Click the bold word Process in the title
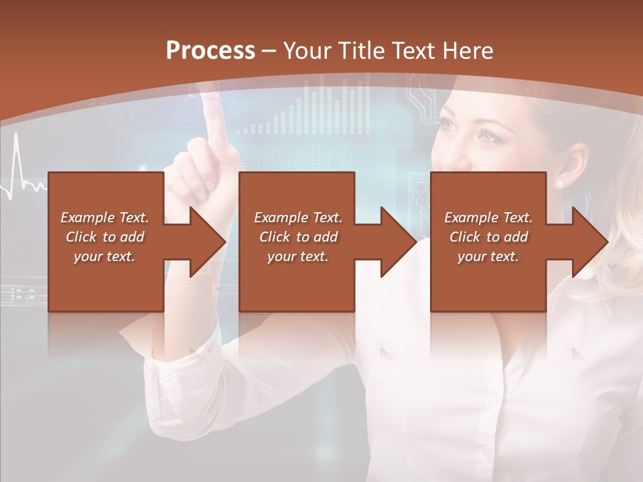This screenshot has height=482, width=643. click(x=210, y=50)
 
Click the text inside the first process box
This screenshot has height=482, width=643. click(x=105, y=237)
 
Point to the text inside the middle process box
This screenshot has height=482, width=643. click(x=298, y=237)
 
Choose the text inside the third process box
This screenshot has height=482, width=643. click(x=488, y=237)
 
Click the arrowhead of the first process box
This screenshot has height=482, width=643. click(x=208, y=242)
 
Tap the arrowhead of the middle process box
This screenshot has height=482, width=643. click(x=399, y=242)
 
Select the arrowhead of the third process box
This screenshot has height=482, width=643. click(x=590, y=242)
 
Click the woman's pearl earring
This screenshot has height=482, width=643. click(x=561, y=183)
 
